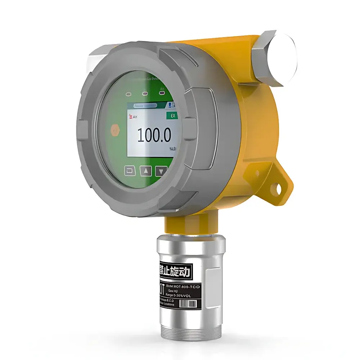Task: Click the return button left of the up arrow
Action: [x=130, y=171]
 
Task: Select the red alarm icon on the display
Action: [x=130, y=116]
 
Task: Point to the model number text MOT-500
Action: [x=187, y=287]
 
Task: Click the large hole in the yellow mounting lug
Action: [x=278, y=187]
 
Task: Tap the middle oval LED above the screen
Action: [x=145, y=94]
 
